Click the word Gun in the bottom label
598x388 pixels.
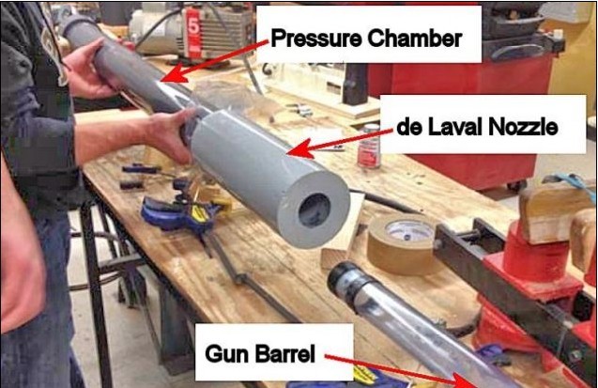pos(228,353)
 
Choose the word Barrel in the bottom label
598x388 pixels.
pos(285,353)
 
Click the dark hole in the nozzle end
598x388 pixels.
pos(314,210)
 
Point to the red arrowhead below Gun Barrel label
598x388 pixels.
pos(464,380)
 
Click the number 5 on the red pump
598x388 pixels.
pos(193,27)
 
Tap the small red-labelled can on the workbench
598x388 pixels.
pos(369,147)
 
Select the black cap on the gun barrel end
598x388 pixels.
pos(345,280)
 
